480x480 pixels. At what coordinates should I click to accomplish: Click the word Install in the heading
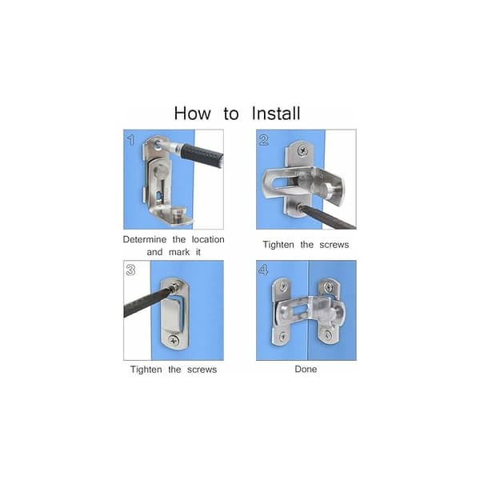coord(276,114)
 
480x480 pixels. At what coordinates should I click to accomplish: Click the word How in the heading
coord(193,114)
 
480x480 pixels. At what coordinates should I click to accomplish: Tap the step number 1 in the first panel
coord(131,140)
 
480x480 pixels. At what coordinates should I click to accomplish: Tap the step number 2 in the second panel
coord(263,140)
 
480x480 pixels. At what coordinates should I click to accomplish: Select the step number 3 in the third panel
coord(130,270)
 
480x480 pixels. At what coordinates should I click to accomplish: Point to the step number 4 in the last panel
coord(263,270)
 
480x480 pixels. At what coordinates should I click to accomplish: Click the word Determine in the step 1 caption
coord(145,239)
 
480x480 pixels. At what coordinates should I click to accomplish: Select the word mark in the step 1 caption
coord(179,252)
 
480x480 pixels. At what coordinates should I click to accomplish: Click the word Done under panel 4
coord(306,369)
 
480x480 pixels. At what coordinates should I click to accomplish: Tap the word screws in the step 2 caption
coord(334,245)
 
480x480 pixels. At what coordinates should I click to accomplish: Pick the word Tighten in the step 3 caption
coord(146,370)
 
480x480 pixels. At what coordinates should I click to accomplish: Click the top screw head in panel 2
coord(303,150)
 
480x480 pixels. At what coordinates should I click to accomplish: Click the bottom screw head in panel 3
coord(174,339)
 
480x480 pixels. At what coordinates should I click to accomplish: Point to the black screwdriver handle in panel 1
coord(202,158)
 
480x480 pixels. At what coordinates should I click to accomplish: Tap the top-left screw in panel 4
coord(284,286)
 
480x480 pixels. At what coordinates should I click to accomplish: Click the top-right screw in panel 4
coord(328,287)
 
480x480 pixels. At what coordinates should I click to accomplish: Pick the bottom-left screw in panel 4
coord(283,336)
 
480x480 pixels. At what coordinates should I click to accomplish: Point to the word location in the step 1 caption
coord(208,239)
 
